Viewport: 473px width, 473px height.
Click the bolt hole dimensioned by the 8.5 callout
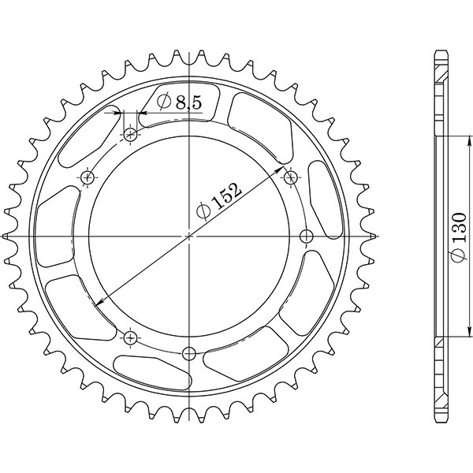tap(131, 136)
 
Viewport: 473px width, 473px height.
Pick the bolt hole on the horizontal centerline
tap(307, 236)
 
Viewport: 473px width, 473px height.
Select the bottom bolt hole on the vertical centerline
tap(188, 352)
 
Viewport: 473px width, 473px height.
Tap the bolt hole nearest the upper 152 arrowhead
tap(291, 178)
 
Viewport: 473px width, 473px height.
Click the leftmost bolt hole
tap(87, 178)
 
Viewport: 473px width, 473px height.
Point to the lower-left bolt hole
tap(130, 337)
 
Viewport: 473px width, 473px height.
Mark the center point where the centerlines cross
tap(188, 236)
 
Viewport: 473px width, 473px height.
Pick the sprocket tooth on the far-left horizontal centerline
tap(8, 236)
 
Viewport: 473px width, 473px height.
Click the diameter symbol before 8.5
tap(165, 102)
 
